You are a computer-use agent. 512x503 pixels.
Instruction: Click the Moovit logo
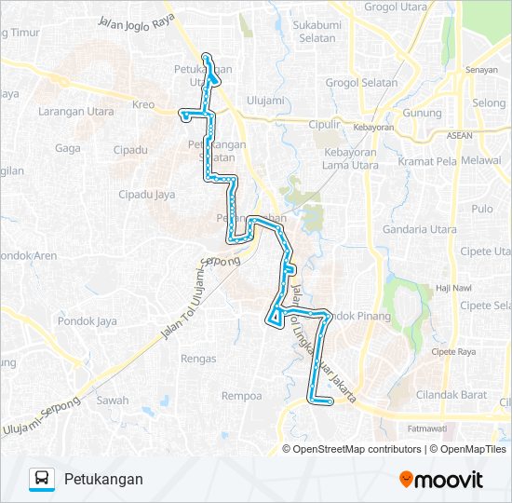point(441,480)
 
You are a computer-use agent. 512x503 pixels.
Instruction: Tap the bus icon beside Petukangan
point(42,480)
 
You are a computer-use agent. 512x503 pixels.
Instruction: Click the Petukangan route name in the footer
point(103,480)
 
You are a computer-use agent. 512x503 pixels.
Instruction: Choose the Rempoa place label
point(240,396)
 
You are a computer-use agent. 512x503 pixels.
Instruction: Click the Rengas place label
point(198,359)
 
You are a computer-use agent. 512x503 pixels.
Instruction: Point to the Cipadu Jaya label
point(147,195)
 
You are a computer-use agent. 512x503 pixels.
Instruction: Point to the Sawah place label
point(113,401)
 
